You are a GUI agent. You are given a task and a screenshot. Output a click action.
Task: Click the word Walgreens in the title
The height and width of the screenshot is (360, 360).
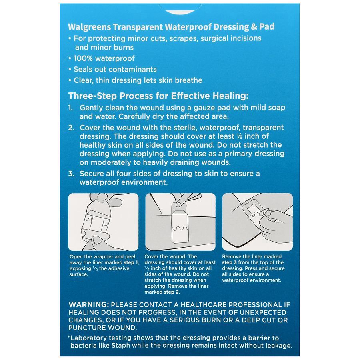pyautogui.click(x=85, y=27)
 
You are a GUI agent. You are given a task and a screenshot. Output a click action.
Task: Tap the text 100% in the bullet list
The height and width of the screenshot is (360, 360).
pyautogui.click(x=83, y=58)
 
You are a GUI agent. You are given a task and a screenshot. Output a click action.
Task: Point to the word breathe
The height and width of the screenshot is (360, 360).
pyautogui.click(x=187, y=80)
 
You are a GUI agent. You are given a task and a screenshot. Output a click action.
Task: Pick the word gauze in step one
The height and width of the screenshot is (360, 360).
pyautogui.click(x=192, y=108)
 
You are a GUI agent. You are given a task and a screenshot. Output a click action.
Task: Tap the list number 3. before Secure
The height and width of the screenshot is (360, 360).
pyautogui.click(x=71, y=174)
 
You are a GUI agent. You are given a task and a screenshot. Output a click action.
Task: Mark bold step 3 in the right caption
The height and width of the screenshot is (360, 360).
pyautogui.click(x=230, y=262)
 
